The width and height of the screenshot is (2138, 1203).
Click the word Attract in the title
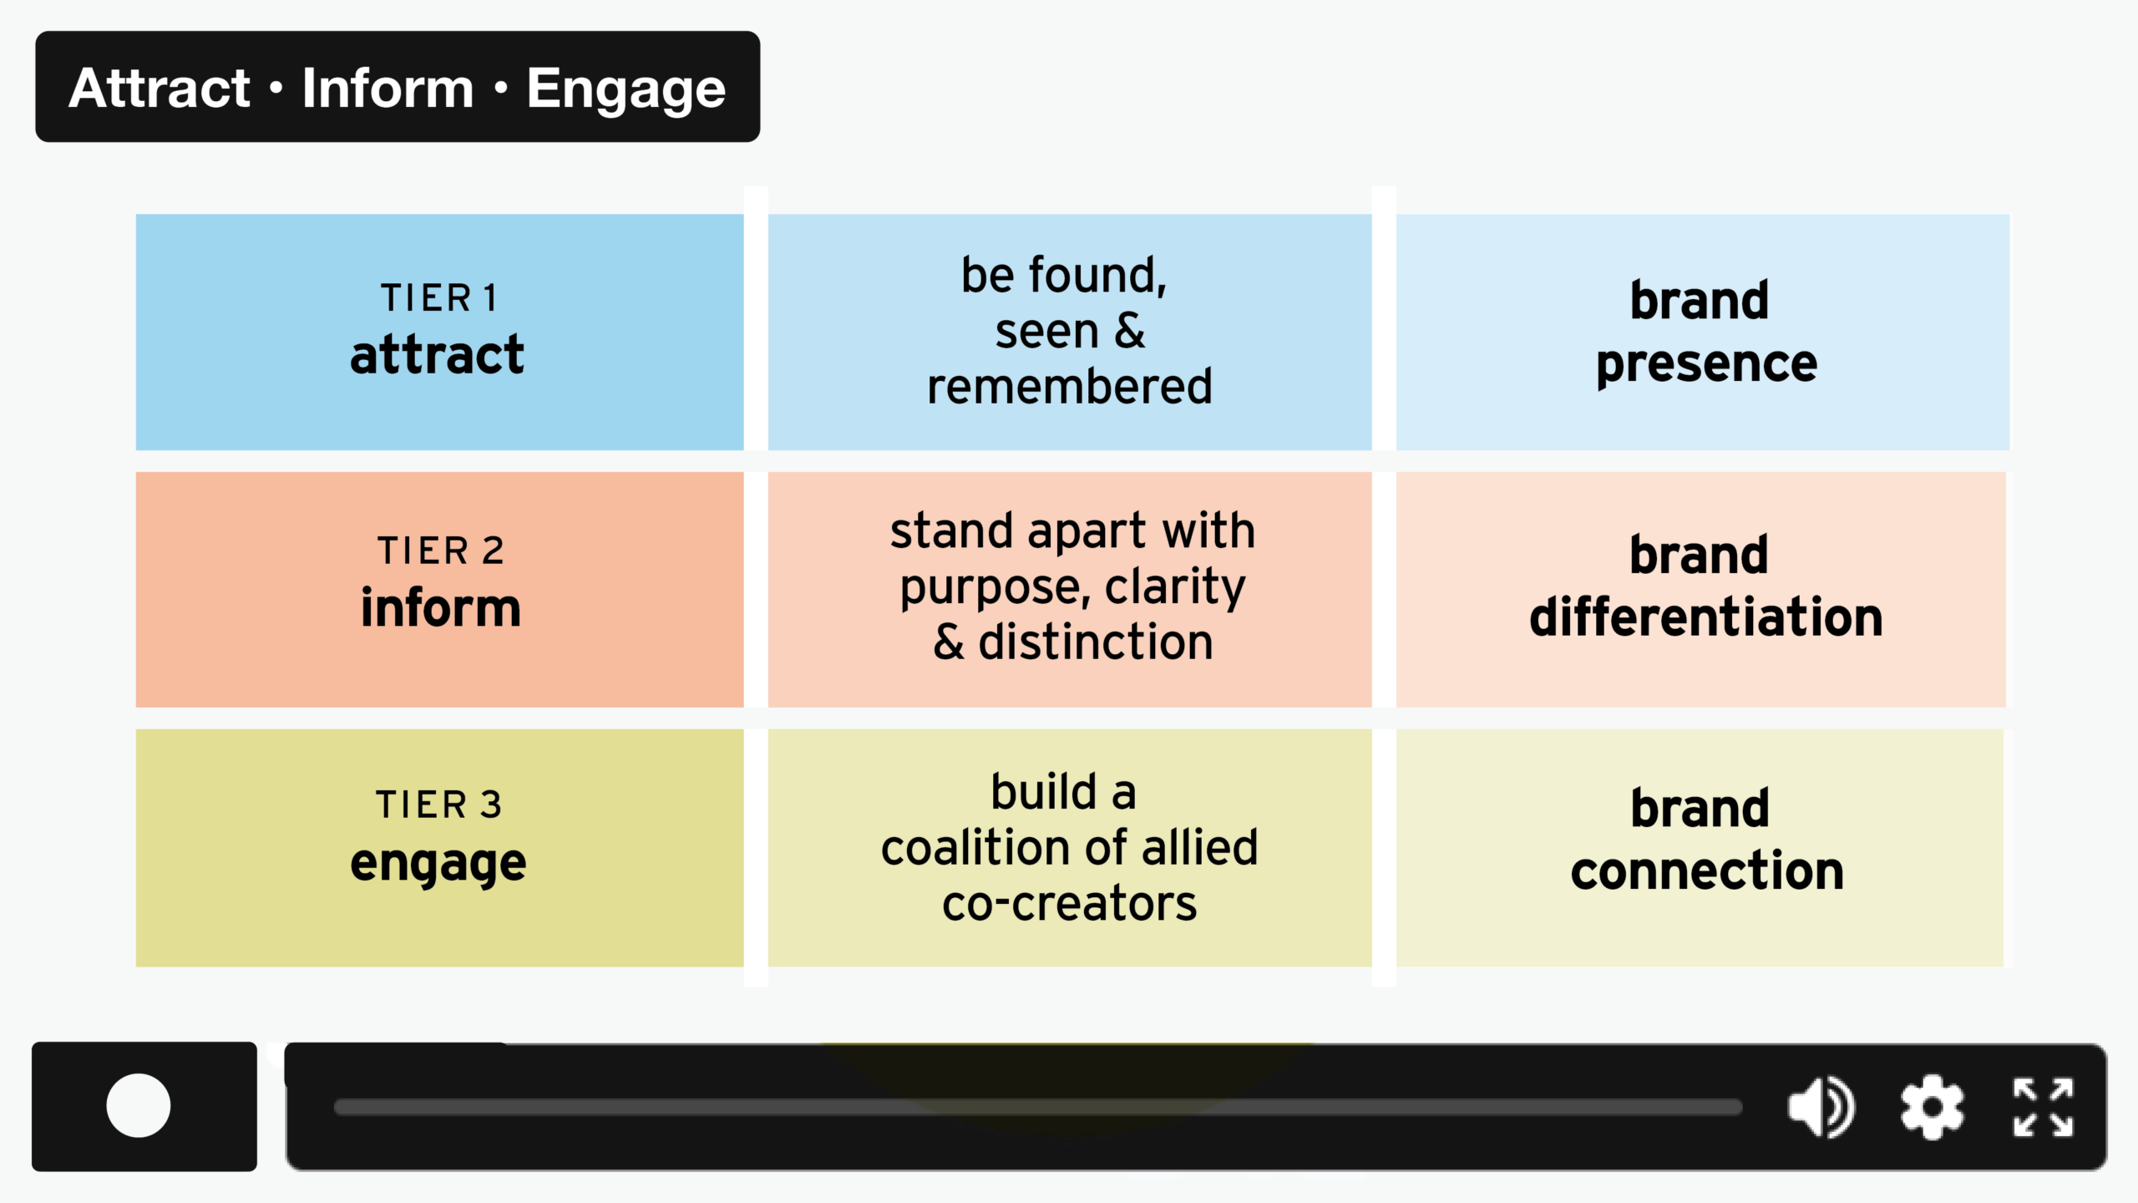click(x=160, y=89)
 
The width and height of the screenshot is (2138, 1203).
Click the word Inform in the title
click(x=388, y=89)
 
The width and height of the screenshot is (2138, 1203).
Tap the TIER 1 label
click(x=439, y=298)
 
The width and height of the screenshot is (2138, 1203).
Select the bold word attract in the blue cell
click(x=437, y=355)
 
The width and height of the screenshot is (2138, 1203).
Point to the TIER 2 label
click(x=440, y=551)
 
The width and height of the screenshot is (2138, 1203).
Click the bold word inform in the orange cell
click(x=440, y=608)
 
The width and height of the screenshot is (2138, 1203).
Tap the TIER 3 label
click(x=438, y=805)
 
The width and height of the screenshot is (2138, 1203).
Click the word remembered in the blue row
click(x=1069, y=387)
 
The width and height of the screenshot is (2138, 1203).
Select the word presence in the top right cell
click(x=1706, y=364)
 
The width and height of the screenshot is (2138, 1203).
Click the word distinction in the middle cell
click(x=1096, y=642)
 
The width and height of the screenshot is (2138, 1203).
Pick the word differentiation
click(x=1705, y=617)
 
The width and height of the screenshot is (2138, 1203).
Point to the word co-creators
click(x=1069, y=904)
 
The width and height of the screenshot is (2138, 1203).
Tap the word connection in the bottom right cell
click(x=1706, y=871)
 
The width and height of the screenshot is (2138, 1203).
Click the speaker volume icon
click(x=1821, y=1107)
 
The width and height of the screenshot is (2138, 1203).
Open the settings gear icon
click(x=1932, y=1107)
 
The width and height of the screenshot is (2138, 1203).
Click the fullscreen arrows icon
click(x=2043, y=1107)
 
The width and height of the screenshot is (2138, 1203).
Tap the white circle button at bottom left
click(x=139, y=1105)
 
